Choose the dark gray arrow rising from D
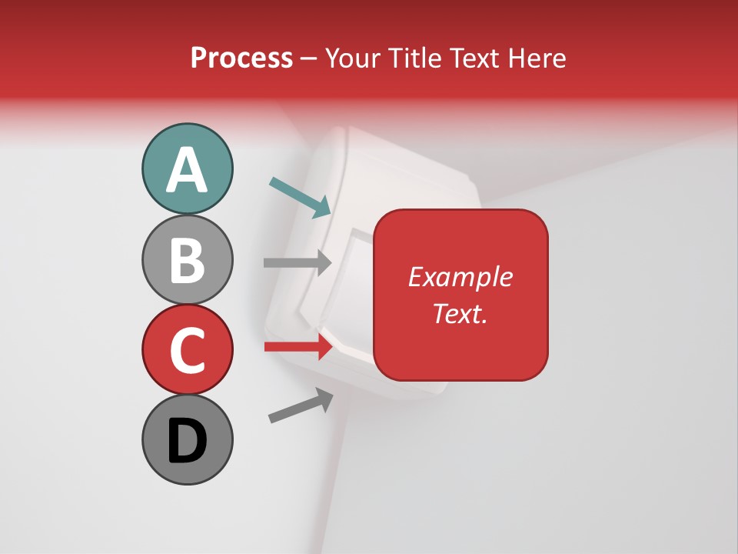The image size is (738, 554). coord(301,406)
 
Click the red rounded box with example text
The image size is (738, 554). coord(460,295)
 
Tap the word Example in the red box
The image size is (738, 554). coord(460,277)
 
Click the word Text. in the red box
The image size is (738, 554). coord(460,313)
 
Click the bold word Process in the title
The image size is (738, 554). coord(241,58)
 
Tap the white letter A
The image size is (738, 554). coord(187,170)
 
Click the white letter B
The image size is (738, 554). coord(187,260)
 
